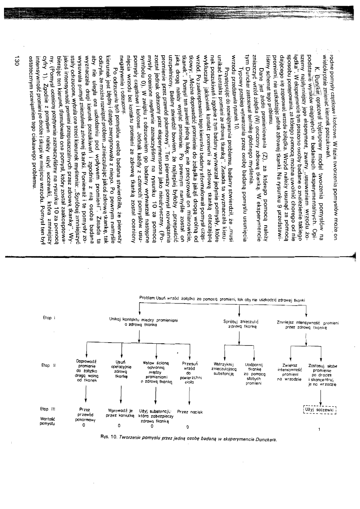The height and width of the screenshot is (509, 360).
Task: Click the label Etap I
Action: tap(48, 318)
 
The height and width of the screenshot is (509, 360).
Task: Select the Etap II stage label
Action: tap(48, 366)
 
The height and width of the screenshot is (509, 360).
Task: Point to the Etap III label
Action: tap(48, 409)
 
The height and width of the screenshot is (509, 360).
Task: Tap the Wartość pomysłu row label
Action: tap(48, 420)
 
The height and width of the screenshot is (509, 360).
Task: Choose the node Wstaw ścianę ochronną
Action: tap(152, 370)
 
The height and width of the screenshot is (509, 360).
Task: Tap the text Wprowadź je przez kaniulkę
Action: tap(119, 415)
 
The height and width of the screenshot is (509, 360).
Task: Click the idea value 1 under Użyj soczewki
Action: tap(319, 429)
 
